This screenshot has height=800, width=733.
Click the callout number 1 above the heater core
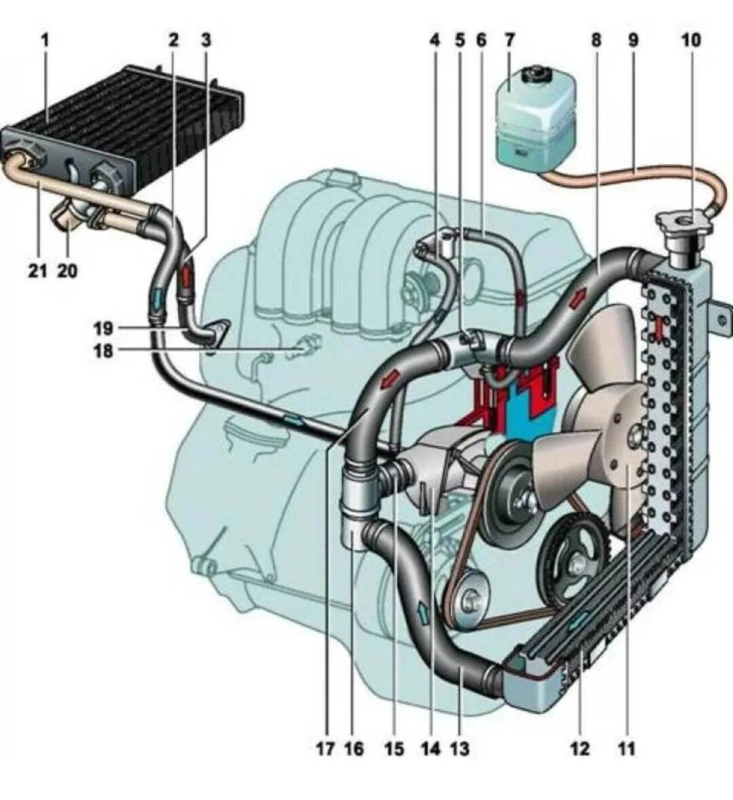[46, 40]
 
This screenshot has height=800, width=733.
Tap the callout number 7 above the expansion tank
[510, 40]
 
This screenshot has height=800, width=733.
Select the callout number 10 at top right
[691, 40]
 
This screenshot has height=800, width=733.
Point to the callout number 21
[38, 271]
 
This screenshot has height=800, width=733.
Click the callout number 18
[104, 351]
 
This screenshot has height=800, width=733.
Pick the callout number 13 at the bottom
[459, 748]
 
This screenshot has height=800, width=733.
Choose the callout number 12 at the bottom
[580, 748]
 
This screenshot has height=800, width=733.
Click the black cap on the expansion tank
[535, 72]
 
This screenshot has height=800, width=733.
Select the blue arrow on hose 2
[159, 299]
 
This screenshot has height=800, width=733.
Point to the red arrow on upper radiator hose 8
[577, 300]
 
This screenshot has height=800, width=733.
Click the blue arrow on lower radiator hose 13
[422, 611]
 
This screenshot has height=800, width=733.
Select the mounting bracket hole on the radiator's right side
[722, 321]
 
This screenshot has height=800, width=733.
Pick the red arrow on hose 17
[390, 379]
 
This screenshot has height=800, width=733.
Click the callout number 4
[435, 40]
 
